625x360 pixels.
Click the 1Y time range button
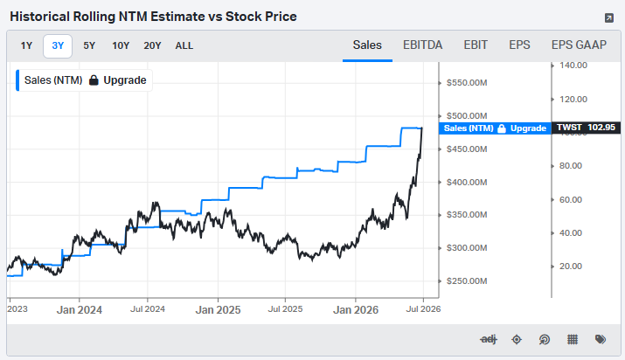26,45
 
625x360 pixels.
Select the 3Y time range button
58,45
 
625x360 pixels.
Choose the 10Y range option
121,45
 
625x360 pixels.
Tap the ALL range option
184,45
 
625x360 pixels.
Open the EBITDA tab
422,45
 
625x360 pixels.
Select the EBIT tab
476,45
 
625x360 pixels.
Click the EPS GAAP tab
579,45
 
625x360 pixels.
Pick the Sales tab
367,45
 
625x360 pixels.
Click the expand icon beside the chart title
609,17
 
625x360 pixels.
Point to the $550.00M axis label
467,83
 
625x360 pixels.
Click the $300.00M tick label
467,247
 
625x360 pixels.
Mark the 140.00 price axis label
573,66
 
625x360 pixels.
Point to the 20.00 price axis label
571,266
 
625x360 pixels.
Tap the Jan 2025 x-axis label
218,310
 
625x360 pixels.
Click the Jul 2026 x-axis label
423,309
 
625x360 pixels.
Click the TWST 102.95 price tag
586,128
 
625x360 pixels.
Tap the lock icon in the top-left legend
94,80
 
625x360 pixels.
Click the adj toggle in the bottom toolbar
489,339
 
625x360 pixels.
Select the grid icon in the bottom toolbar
573,339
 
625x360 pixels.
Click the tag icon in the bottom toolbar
601,339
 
